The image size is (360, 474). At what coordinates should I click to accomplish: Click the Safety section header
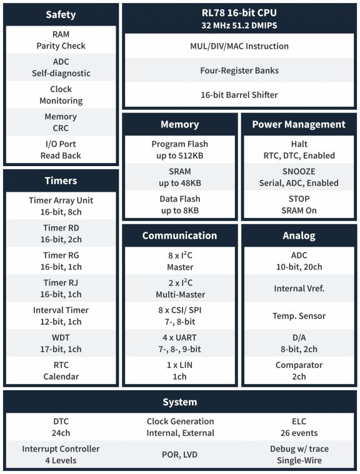click(x=61, y=14)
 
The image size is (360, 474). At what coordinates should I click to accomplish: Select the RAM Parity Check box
click(x=61, y=40)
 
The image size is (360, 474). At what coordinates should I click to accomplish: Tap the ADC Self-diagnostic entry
click(x=61, y=67)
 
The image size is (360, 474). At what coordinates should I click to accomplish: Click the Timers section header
click(x=61, y=180)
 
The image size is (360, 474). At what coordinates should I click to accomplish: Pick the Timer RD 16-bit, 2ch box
click(x=61, y=233)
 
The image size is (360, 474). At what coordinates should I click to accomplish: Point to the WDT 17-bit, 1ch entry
click(x=61, y=343)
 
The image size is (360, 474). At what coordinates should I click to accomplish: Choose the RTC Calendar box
click(x=61, y=370)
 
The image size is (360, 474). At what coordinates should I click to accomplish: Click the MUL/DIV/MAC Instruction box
click(x=239, y=46)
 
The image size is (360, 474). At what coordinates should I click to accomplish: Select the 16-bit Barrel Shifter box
click(x=239, y=95)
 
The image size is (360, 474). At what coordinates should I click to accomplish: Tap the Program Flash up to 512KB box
click(x=179, y=150)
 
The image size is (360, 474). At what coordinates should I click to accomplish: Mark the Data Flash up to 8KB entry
click(x=179, y=205)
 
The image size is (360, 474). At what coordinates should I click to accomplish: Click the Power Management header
click(x=298, y=124)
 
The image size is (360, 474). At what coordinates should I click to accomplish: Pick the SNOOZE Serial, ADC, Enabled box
click(x=298, y=177)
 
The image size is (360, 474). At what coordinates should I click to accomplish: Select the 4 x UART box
click(x=179, y=343)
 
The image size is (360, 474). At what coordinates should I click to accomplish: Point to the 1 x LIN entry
click(x=179, y=370)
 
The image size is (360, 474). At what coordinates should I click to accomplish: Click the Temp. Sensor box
click(x=298, y=316)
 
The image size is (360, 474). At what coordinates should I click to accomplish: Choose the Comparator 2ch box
click(x=298, y=370)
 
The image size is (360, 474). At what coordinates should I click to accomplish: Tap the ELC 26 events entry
click(x=299, y=427)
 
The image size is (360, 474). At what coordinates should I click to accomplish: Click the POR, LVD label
click(x=180, y=455)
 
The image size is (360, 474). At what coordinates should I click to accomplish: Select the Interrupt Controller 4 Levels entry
click(x=61, y=455)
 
